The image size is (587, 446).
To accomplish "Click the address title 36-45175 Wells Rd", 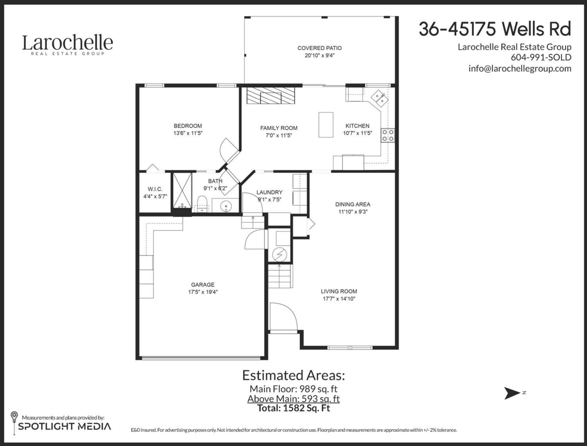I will (495, 29).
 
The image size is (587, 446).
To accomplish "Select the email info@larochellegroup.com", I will (519, 68).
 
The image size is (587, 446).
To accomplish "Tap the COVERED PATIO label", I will (319, 48).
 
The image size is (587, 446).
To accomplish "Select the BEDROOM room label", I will (187, 126).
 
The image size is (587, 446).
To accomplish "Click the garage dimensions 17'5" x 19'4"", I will (203, 292).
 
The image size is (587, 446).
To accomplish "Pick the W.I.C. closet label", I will (152, 189).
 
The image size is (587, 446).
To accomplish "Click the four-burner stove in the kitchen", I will (389, 134).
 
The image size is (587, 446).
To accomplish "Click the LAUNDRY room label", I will (269, 192).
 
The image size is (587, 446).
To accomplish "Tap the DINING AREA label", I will (352, 204).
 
